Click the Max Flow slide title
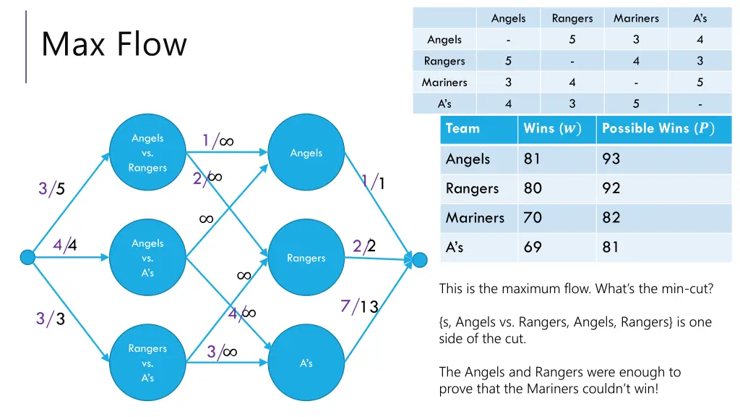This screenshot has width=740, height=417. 114,44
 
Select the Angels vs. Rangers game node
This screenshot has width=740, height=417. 147,153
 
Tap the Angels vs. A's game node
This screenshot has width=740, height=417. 147,258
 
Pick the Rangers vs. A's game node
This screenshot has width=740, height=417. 147,363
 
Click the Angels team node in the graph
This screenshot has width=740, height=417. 306,153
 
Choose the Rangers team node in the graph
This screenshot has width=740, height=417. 306,258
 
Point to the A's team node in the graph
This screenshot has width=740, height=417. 306,363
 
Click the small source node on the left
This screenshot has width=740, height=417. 27,257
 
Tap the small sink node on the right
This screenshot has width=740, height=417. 421,258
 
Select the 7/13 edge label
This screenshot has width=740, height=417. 359,306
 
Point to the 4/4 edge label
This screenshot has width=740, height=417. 65,245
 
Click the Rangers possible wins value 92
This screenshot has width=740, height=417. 611,188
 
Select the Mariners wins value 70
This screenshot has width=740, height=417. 533,217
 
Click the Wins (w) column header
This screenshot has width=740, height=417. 551,128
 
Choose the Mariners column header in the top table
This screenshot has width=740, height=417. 636,18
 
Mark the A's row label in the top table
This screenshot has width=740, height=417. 444,104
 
